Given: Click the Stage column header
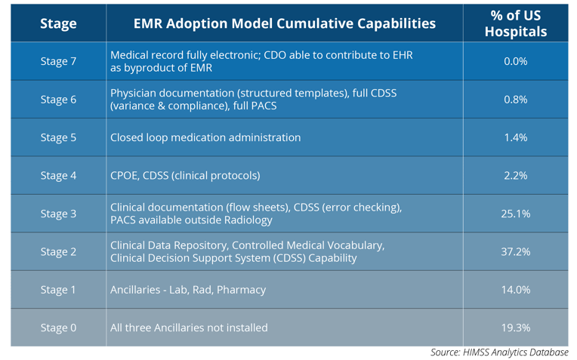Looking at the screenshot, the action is click(x=58, y=23).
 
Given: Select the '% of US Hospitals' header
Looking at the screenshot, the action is click(x=516, y=23).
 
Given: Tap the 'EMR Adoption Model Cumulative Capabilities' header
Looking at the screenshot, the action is click(x=285, y=23).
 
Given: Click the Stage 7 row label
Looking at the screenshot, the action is click(x=58, y=61).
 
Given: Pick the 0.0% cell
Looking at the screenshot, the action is click(x=516, y=61).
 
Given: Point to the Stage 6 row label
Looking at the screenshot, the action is click(x=58, y=100).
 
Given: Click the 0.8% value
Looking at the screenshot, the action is click(x=516, y=100).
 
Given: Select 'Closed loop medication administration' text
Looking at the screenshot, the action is click(x=205, y=137).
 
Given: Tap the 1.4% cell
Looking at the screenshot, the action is click(x=516, y=137).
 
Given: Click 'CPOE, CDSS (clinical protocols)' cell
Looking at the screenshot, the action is click(x=185, y=175).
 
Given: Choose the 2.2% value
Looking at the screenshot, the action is click(x=516, y=175).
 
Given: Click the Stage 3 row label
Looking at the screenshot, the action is click(x=58, y=214).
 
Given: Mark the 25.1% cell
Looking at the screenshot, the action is click(x=516, y=214).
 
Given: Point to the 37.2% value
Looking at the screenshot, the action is click(x=516, y=251).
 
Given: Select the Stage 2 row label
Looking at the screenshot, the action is click(x=58, y=251).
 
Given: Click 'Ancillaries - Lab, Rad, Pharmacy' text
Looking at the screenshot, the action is click(x=188, y=290).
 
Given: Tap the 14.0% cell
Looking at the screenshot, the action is click(x=516, y=290).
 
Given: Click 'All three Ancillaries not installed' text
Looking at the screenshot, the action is click(x=189, y=328).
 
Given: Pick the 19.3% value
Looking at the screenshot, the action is click(x=516, y=328).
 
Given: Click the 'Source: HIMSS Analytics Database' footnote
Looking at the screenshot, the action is click(x=499, y=352).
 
